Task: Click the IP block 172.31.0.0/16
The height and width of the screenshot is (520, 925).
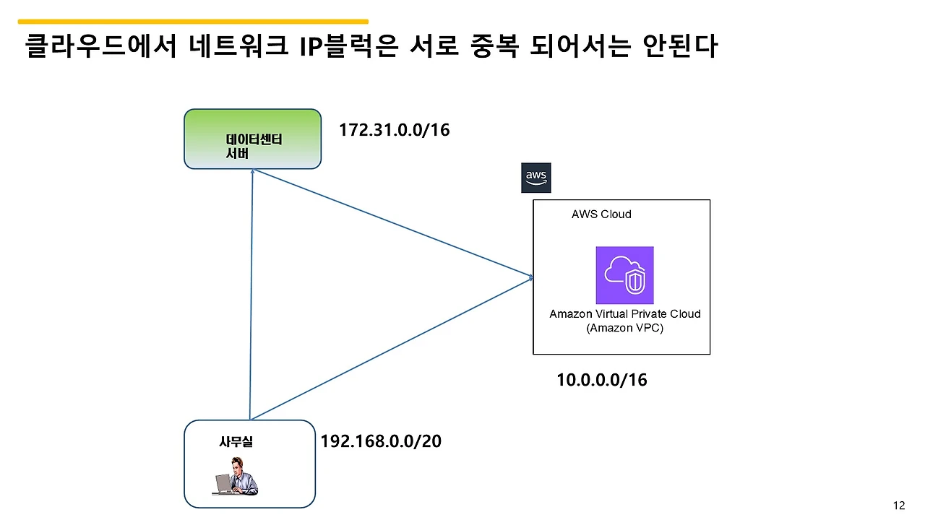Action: pos(394,131)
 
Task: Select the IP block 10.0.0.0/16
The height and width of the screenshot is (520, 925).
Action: pos(601,380)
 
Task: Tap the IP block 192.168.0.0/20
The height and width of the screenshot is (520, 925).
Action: pos(381,441)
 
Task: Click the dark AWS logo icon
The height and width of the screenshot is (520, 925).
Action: pos(535,178)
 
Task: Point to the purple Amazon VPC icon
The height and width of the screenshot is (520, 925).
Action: pos(624,275)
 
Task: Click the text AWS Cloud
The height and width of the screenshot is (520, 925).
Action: pos(601,214)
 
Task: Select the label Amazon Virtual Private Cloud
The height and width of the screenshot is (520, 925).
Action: pos(625,314)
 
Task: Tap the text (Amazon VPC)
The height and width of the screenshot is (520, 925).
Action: pos(625,329)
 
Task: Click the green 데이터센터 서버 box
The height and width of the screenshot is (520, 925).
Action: pos(252,139)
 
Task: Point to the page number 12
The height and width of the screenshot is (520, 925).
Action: pos(899,506)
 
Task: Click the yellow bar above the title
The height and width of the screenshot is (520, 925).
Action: pos(193,22)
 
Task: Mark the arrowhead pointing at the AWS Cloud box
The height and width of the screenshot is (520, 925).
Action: pos(531,277)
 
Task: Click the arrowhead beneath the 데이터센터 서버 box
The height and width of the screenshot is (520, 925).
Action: pos(253,172)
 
